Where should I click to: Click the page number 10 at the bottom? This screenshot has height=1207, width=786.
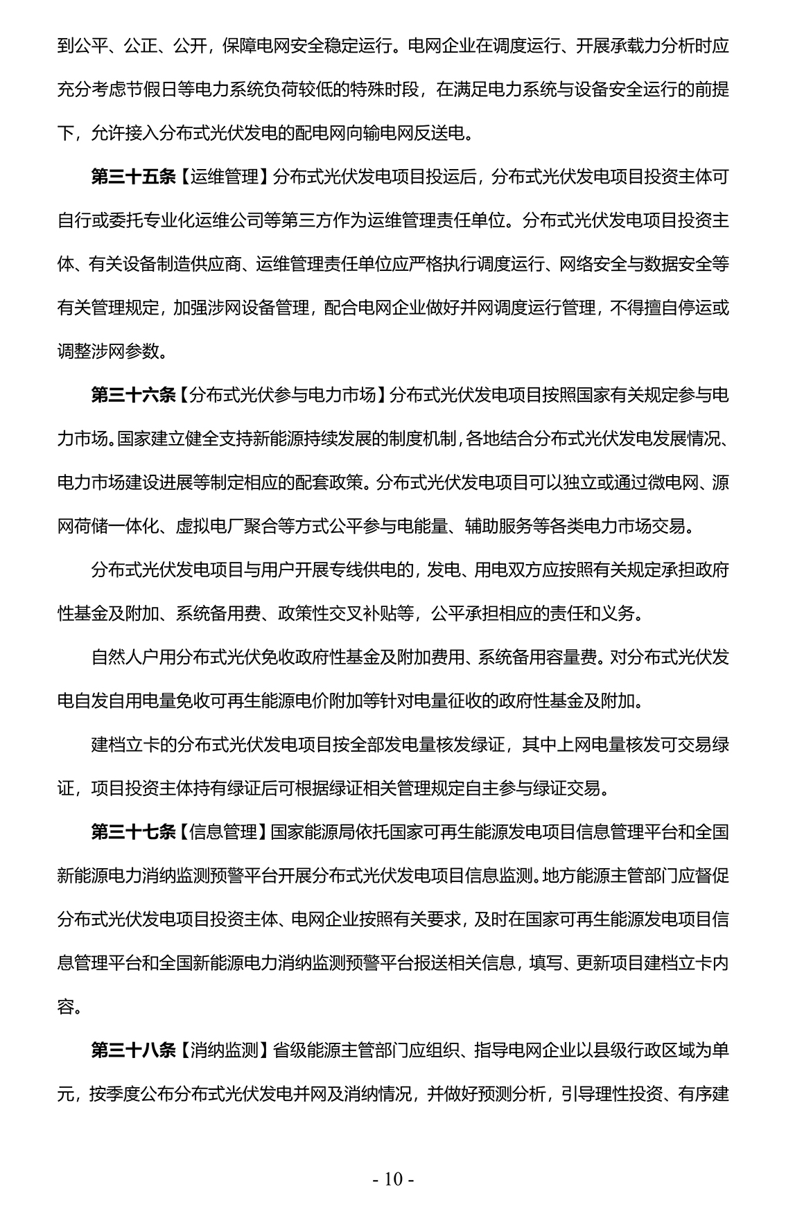point(392,1179)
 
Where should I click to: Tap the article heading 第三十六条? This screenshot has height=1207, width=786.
point(134,395)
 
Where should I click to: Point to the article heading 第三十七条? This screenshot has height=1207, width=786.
point(134,831)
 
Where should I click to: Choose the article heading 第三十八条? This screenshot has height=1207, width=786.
point(134,1050)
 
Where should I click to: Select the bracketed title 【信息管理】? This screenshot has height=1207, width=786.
point(225,831)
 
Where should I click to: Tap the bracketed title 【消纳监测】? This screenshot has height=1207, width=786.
point(225,1050)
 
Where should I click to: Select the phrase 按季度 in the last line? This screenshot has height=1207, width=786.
point(114,1094)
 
